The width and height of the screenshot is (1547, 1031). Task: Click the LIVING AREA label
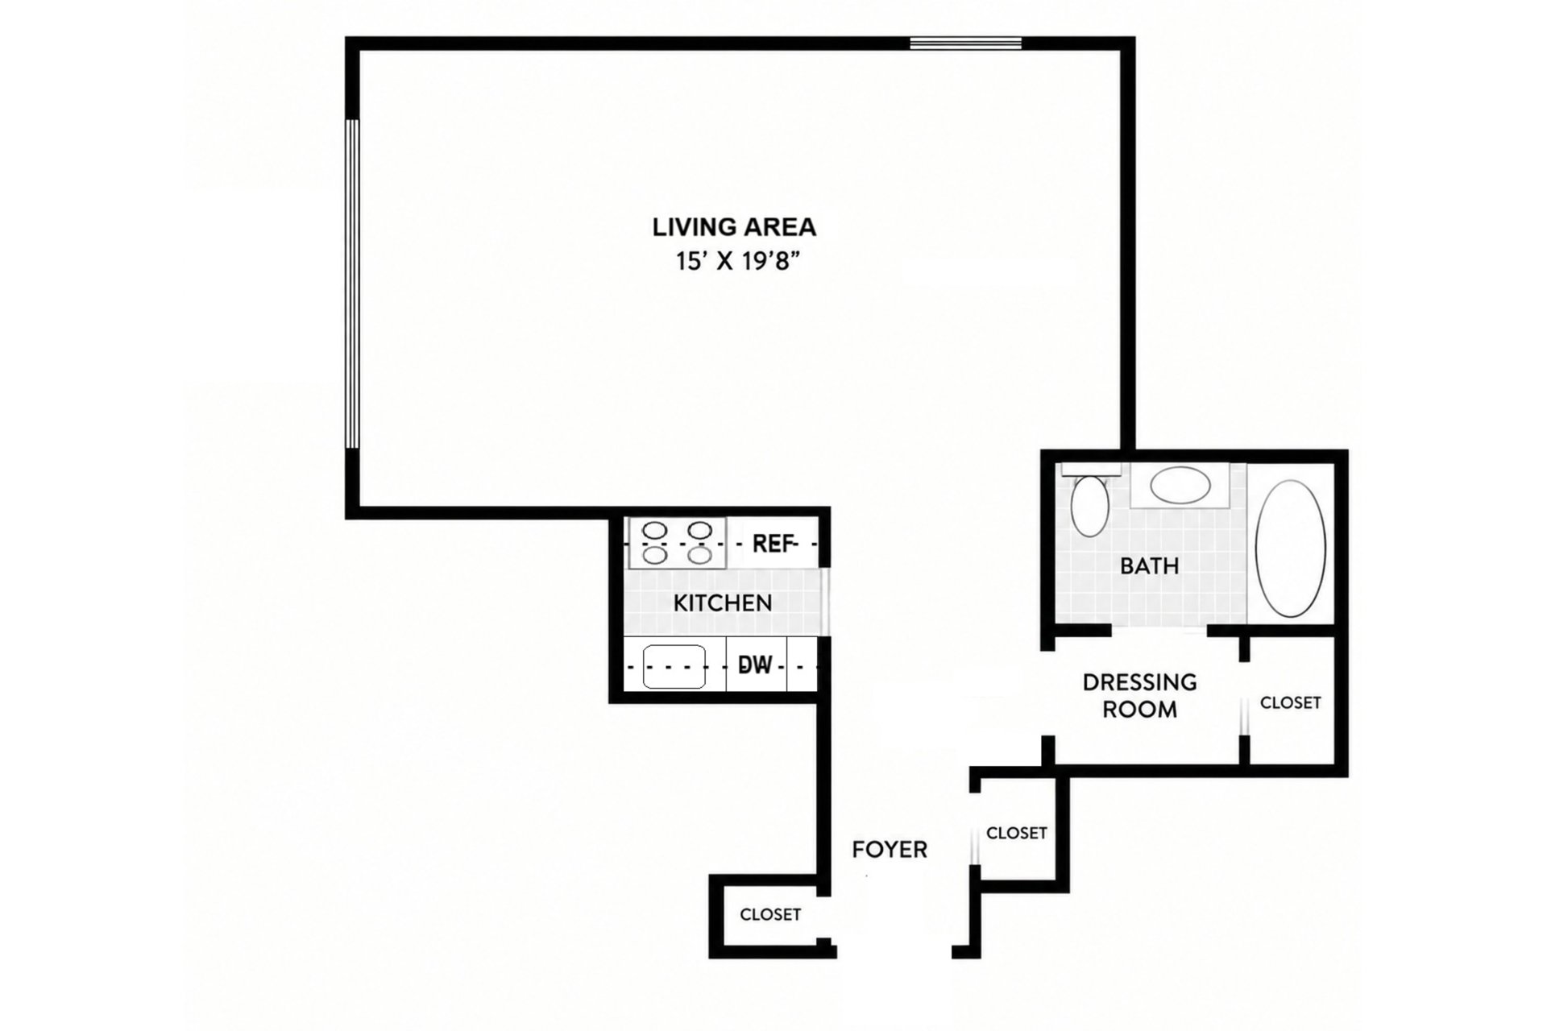pyautogui.click(x=734, y=227)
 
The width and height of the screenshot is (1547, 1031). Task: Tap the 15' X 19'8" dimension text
pyautogui.click(x=740, y=262)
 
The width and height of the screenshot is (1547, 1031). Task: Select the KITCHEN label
pyautogui.click(x=723, y=602)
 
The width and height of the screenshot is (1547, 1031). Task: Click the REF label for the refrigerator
pyautogui.click(x=773, y=544)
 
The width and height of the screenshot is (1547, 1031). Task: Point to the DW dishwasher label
pyautogui.click(x=756, y=665)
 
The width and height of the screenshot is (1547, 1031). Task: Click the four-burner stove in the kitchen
pyautogui.click(x=677, y=543)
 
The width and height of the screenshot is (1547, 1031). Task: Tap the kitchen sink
pyautogui.click(x=674, y=666)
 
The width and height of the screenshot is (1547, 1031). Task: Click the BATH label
pyautogui.click(x=1150, y=565)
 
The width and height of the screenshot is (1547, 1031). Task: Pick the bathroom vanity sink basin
pyautogui.click(x=1180, y=485)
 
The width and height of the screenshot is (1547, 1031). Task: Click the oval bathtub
pyautogui.click(x=1291, y=549)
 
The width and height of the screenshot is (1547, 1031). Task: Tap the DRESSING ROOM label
pyautogui.click(x=1139, y=696)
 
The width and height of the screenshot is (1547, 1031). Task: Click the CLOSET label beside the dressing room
pyautogui.click(x=1291, y=703)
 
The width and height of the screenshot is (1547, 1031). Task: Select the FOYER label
pyautogui.click(x=890, y=849)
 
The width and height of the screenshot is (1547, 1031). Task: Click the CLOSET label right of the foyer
pyautogui.click(x=1017, y=833)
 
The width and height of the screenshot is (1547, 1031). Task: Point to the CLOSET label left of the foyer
pyautogui.click(x=770, y=915)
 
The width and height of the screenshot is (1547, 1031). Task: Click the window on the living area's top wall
pyautogui.click(x=966, y=43)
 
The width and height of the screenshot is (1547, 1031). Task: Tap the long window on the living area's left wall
pyautogui.click(x=351, y=284)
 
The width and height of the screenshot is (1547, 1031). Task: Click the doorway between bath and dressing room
pyautogui.click(x=1159, y=630)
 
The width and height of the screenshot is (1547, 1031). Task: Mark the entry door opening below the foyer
pyautogui.click(x=894, y=951)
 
